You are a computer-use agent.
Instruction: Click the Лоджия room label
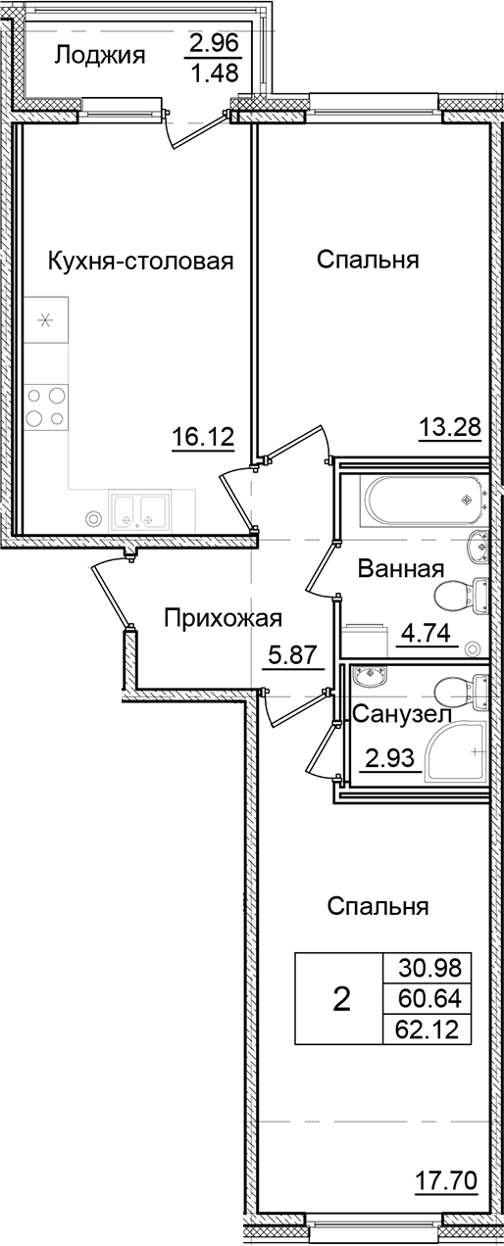pos(99,55)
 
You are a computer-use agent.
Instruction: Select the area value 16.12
pos(203,438)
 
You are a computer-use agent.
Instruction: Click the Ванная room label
pos(401,569)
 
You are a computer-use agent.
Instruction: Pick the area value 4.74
pos(425,632)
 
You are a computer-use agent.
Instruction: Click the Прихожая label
pos(223,618)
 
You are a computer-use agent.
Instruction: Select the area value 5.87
pos(293,654)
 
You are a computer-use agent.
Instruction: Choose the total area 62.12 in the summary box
pos(428,1029)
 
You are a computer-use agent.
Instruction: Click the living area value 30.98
pos(428,969)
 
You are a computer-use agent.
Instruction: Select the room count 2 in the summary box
pos(341,999)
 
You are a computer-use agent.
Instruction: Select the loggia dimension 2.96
pos(215,43)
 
